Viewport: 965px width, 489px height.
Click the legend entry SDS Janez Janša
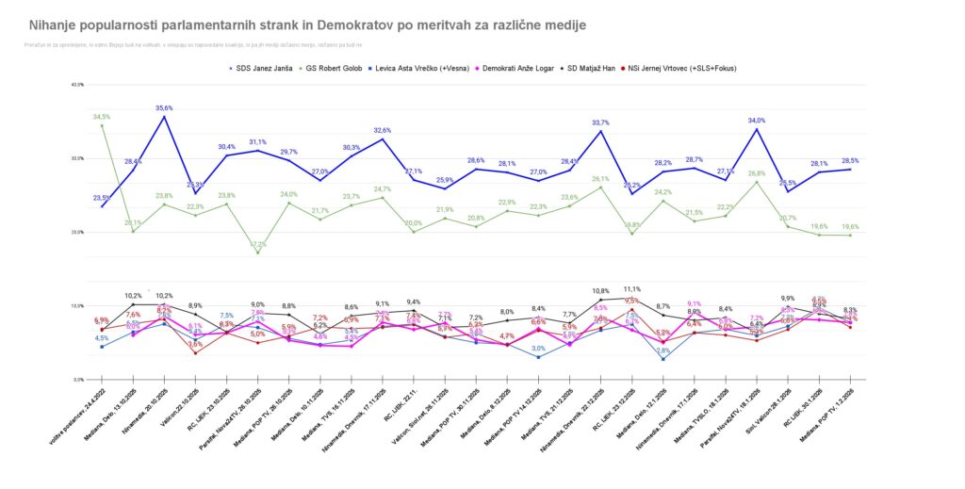[265, 69]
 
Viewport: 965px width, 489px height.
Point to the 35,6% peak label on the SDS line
[164, 107]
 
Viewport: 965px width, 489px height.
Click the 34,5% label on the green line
[102, 117]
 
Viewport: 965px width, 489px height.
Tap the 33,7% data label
[599, 122]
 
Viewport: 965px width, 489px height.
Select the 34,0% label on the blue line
[756, 121]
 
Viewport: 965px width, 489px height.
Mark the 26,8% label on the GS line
[756, 173]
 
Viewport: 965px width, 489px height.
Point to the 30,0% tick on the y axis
[77, 158]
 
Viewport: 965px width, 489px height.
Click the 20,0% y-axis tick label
[77, 232]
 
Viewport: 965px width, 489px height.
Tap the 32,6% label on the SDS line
[383, 130]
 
